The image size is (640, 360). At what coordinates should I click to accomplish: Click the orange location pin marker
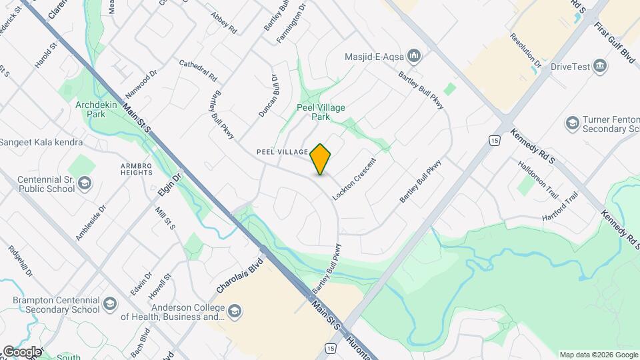pos(321,159)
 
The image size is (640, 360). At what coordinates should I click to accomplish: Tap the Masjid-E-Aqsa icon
pos(414,55)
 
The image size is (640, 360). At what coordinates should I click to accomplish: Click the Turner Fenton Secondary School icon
pos(572,123)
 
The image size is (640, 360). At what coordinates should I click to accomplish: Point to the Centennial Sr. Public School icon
pos(85,183)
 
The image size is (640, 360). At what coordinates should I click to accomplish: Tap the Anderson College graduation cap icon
pos(234,311)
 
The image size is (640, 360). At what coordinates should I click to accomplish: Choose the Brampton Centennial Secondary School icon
pos(109,306)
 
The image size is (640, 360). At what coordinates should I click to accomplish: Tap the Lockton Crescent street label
pos(354,180)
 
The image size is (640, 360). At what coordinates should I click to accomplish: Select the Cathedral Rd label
pos(199,70)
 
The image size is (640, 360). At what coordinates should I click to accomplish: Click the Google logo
pos(23,351)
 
